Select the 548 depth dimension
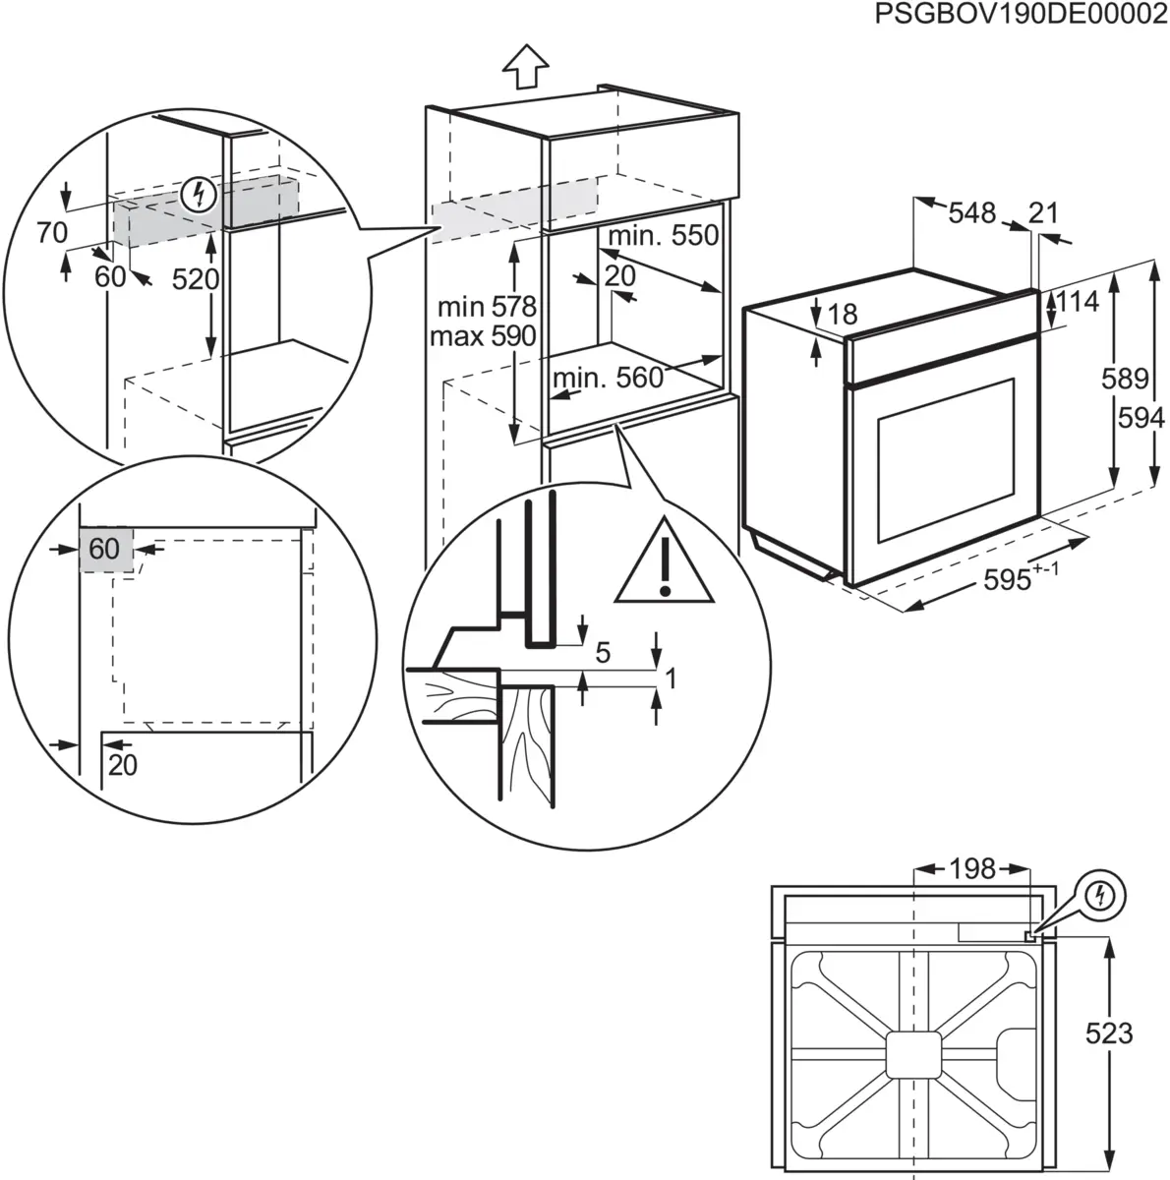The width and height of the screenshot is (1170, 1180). pyautogui.click(x=972, y=212)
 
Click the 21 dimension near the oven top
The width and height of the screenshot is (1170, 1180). pyautogui.click(x=1043, y=212)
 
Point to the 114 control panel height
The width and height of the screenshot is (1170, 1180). pyautogui.click(x=1078, y=302)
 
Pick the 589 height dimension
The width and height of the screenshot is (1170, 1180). pyautogui.click(x=1125, y=379)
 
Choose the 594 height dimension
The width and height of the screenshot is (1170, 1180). pyautogui.click(x=1141, y=419)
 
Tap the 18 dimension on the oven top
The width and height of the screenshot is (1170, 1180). pyautogui.click(x=843, y=315)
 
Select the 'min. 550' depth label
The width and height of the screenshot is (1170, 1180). pyautogui.click(x=663, y=236)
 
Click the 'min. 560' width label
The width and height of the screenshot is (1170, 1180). pyautogui.click(x=608, y=378)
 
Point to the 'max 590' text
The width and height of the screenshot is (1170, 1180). pyautogui.click(x=483, y=336)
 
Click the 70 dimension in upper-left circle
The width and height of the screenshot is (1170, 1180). pyautogui.click(x=51, y=233)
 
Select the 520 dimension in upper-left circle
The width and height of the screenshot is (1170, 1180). pyautogui.click(x=195, y=280)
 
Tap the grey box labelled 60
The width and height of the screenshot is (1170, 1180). pyautogui.click(x=104, y=549)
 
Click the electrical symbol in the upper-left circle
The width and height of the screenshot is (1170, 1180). pyautogui.click(x=201, y=195)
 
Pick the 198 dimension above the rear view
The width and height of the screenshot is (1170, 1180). pyautogui.click(x=971, y=869)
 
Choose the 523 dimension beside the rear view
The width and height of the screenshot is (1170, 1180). pyautogui.click(x=1108, y=1033)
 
